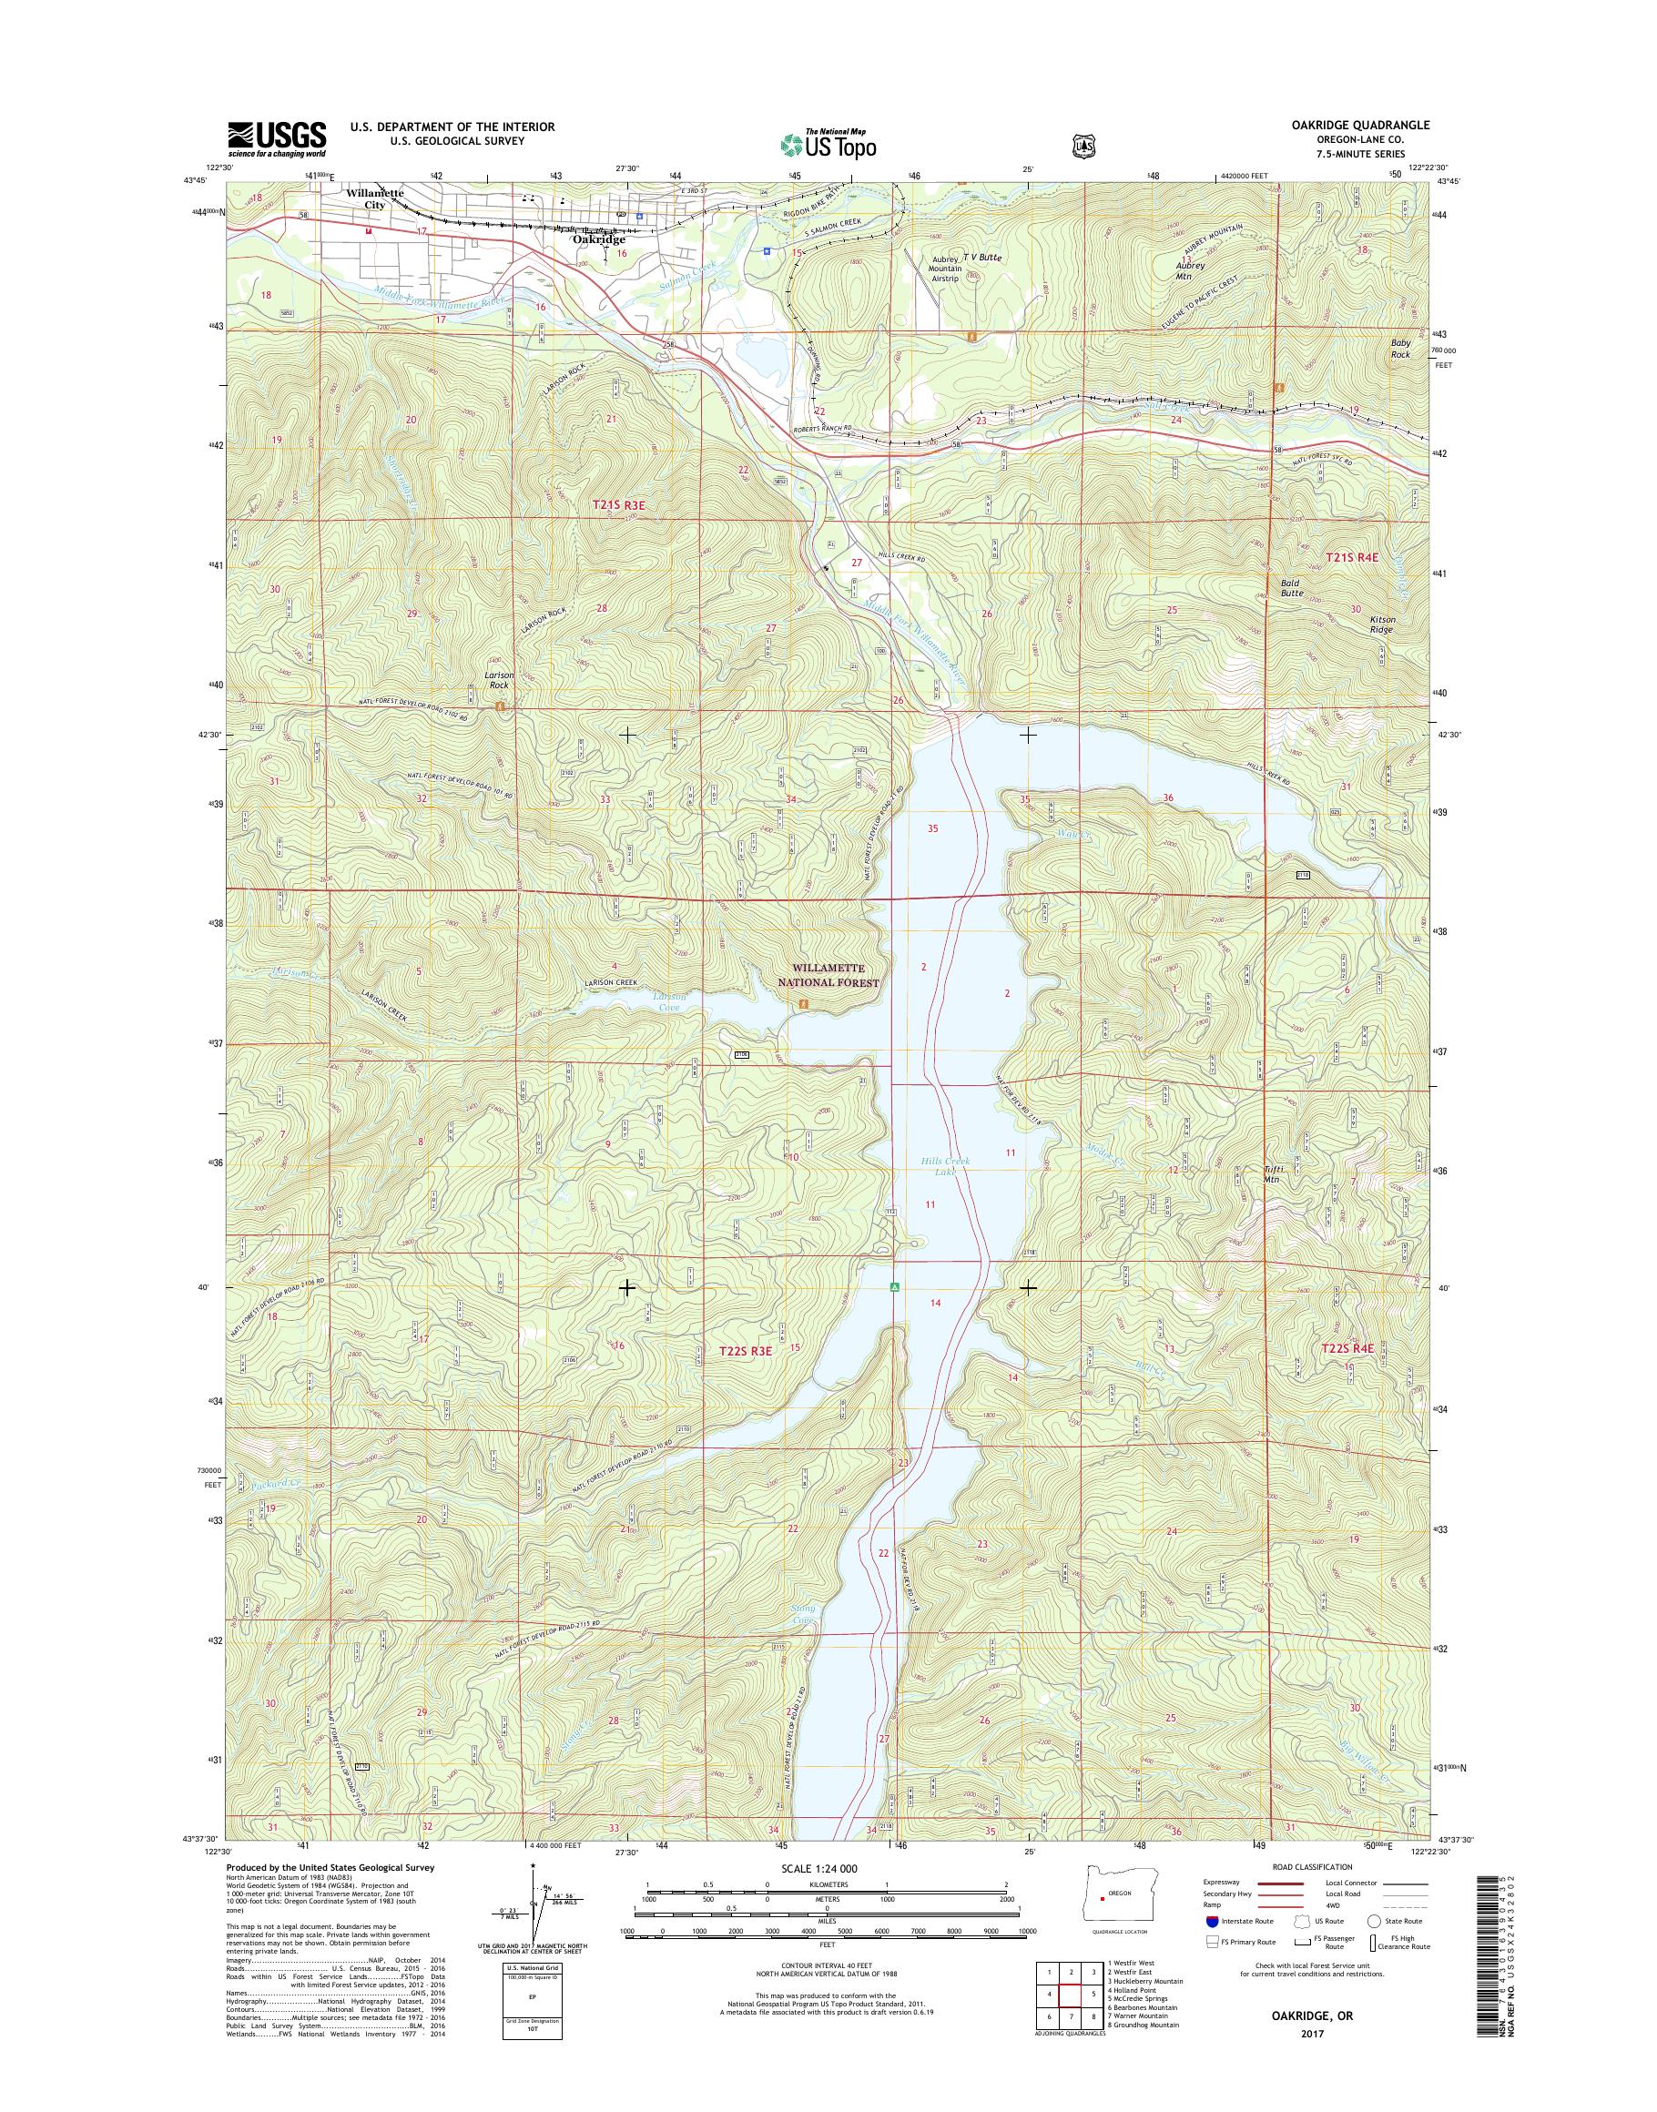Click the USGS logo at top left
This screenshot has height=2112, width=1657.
pos(277,138)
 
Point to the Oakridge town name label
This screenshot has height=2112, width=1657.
pos(598,239)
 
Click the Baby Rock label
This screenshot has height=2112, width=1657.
pos(1400,349)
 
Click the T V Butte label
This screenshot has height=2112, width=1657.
pos(980,258)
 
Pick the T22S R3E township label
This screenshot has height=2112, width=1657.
pos(746,1352)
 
